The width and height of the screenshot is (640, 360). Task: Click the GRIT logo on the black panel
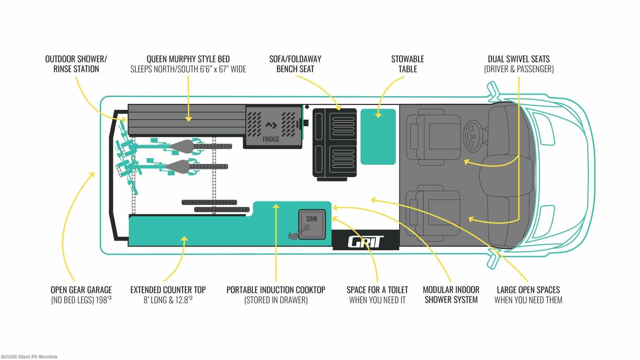365,242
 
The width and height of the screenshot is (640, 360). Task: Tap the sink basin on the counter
312,224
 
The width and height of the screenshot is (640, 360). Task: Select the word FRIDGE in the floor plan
271,139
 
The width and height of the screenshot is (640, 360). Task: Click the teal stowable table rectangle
378,137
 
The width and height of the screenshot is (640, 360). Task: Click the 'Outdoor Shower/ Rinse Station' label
76,64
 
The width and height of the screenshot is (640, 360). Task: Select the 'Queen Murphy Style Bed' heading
188,59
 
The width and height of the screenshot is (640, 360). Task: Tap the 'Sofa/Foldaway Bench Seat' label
295,64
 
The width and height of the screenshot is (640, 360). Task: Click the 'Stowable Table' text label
407,64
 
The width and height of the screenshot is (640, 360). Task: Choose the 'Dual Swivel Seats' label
519,59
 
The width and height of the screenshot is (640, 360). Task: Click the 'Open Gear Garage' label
81,290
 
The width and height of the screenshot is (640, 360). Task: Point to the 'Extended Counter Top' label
168,290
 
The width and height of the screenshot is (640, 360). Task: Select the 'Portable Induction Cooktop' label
276,290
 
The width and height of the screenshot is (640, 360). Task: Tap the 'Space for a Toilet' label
377,290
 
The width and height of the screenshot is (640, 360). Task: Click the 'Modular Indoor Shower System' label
451,295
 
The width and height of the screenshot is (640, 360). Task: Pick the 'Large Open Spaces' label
528,290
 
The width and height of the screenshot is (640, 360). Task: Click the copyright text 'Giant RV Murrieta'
37,357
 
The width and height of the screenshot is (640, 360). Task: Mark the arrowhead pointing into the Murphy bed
188,119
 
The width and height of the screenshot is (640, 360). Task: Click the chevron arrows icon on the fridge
271,125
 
